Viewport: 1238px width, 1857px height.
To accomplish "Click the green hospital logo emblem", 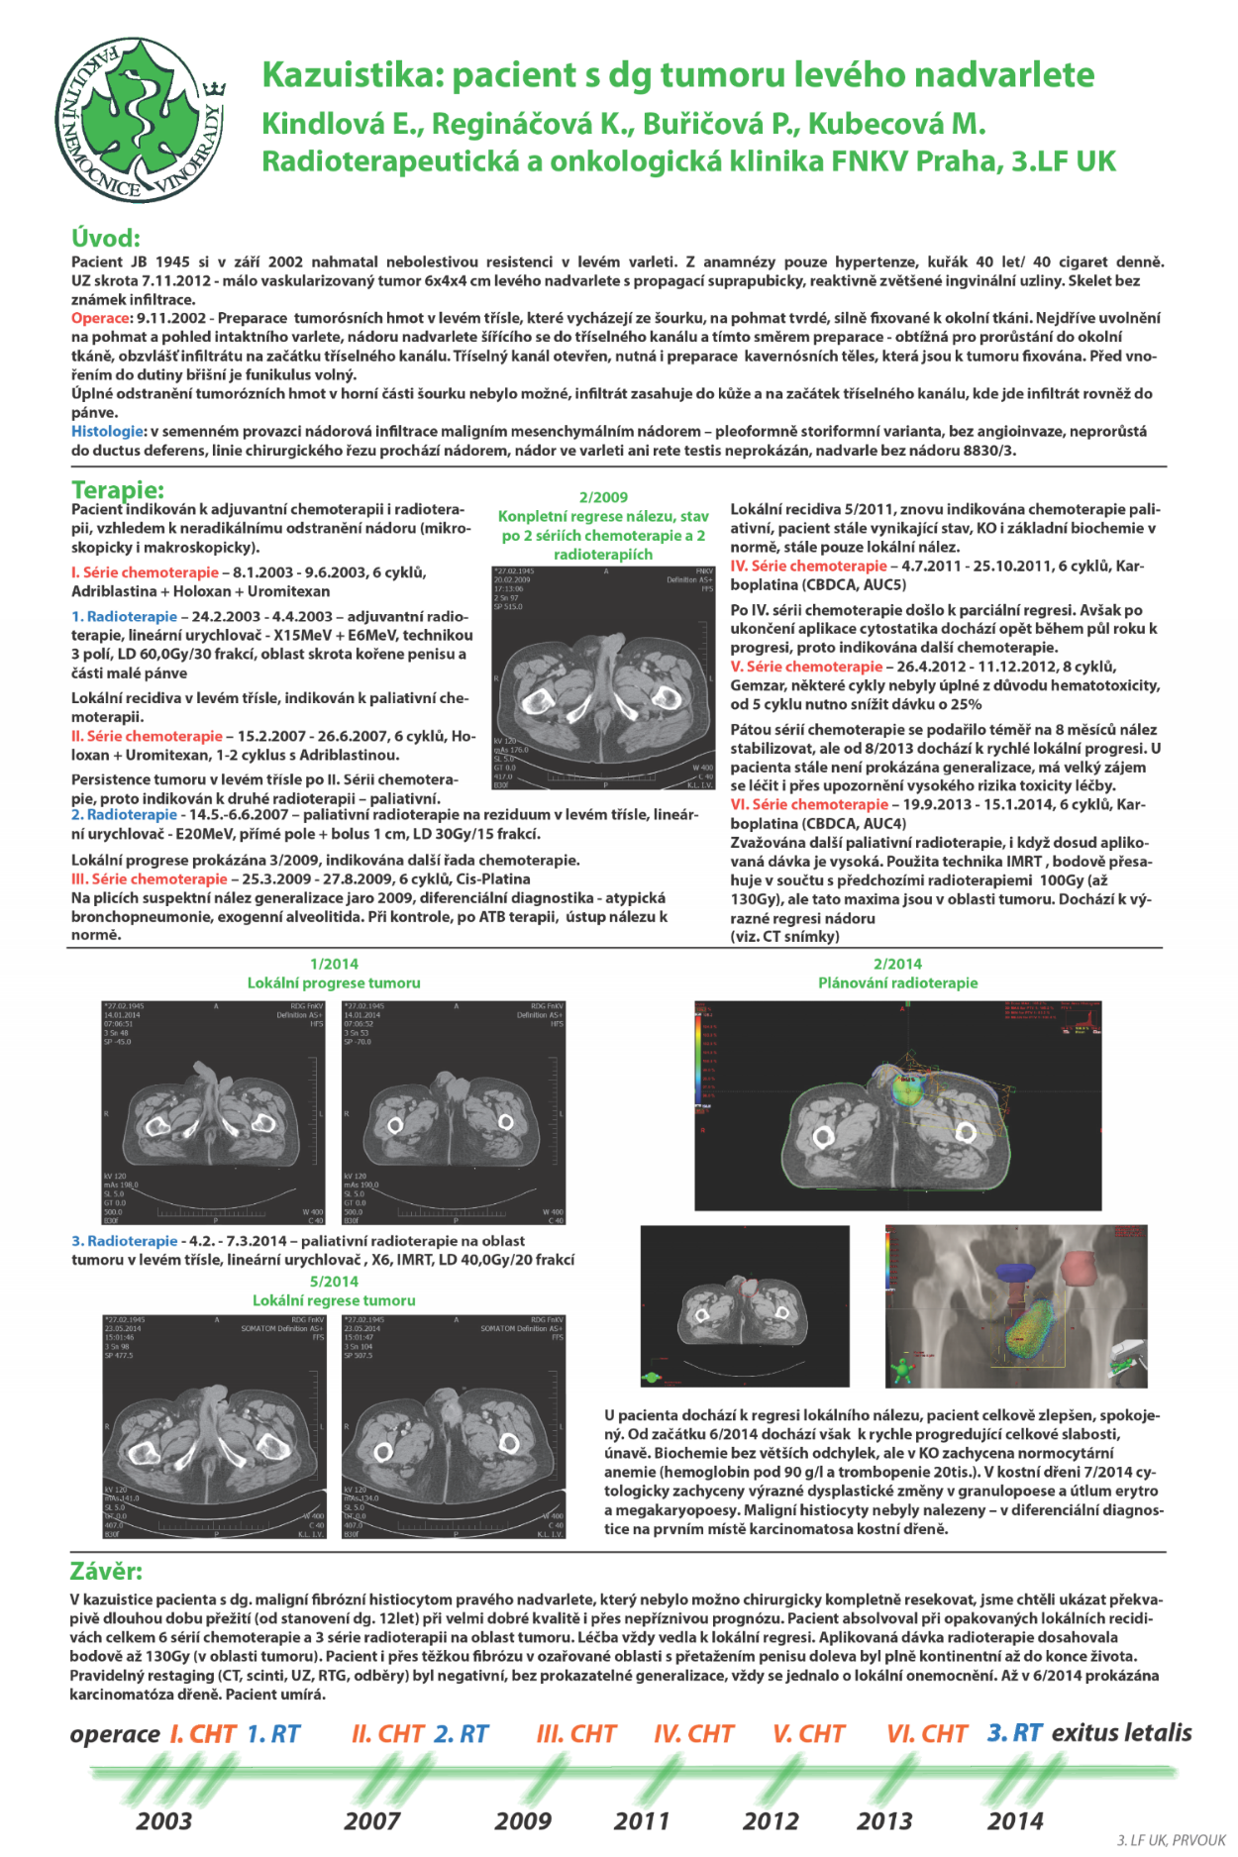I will point(139,120).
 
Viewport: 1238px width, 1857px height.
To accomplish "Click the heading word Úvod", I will point(106,238).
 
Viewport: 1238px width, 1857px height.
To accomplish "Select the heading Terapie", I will point(118,489).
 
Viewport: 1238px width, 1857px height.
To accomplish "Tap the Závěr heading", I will point(106,1572).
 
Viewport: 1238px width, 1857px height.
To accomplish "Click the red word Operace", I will point(100,318).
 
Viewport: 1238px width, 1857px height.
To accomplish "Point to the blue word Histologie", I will point(107,431).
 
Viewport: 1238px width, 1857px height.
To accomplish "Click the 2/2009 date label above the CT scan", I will point(603,497).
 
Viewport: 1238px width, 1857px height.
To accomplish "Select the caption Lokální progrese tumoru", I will point(334,982).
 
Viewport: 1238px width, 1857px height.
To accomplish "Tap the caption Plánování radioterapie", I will point(897,982).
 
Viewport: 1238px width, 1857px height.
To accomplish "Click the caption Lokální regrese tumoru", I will point(334,1300).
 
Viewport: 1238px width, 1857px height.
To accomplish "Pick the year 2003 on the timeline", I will point(164,1820).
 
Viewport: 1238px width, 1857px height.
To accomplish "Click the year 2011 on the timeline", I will point(642,1820).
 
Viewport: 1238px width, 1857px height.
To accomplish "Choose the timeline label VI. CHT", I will point(927,1734).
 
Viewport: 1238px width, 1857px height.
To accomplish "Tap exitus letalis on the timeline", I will point(1121,1732).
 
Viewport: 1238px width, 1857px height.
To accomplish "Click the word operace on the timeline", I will point(115,1734).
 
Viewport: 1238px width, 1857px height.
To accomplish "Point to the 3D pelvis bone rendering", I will point(1016,1306).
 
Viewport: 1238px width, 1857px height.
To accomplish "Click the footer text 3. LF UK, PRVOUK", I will point(1172,1840).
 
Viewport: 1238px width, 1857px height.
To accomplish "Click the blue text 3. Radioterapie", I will point(125,1241).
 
